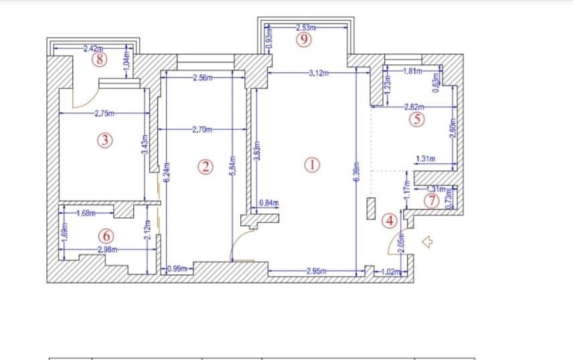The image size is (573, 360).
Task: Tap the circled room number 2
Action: (208, 166)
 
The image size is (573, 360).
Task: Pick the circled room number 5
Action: (418, 120)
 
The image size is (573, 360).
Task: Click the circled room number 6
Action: (105, 236)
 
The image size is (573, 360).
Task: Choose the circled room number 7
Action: (432, 200)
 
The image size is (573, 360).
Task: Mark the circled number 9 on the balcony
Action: (304, 39)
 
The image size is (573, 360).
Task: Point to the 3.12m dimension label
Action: (319, 73)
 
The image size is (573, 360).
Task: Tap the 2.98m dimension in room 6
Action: (108, 250)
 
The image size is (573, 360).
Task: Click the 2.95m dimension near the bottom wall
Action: (315, 271)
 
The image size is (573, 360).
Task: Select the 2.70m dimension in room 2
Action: (202, 129)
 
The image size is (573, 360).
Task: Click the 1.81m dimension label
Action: (413, 70)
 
